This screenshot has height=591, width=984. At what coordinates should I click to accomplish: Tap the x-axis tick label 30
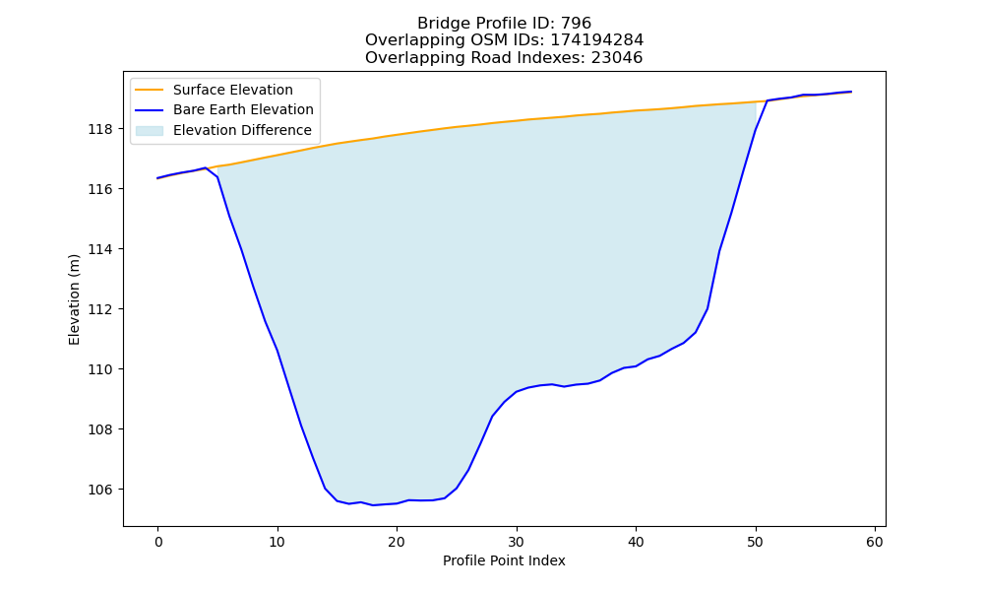tap(517, 542)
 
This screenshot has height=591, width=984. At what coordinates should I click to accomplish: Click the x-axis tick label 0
tap(158, 542)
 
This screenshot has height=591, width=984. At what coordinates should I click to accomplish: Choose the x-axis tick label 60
tap(875, 542)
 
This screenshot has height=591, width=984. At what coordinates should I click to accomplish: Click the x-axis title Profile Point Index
tap(504, 560)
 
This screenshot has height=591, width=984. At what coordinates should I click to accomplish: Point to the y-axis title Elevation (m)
tap(74, 299)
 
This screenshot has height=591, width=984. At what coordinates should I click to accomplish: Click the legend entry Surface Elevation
tap(233, 90)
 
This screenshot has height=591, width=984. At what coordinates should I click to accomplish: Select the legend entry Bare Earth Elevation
tap(243, 109)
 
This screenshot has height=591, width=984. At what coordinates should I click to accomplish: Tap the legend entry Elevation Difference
tap(242, 130)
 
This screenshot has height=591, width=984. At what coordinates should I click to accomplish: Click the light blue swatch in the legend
tap(150, 131)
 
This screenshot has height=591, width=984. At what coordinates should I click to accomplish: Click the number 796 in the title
tap(576, 24)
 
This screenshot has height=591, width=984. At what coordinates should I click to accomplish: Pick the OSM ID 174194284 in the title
tap(597, 40)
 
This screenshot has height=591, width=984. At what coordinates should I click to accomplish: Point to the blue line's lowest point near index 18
tap(373, 505)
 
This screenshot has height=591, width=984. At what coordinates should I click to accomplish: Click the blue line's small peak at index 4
tap(206, 167)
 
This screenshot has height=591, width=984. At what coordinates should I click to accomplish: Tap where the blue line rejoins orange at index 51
tap(767, 100)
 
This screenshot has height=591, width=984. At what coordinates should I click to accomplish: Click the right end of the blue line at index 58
tap(851, 92)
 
